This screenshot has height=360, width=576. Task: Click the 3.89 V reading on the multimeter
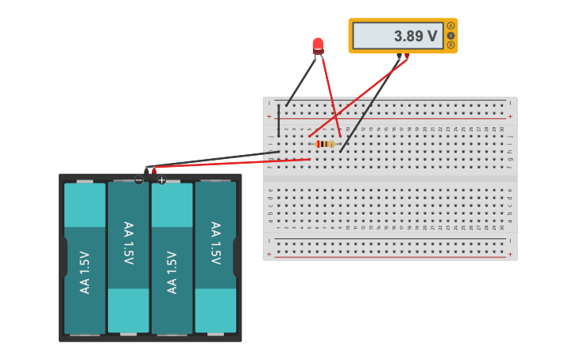416,36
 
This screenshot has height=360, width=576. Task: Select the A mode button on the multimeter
451,25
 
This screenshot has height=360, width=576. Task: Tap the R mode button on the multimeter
451,45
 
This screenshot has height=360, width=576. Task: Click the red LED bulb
318,45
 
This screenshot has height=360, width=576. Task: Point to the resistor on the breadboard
325,144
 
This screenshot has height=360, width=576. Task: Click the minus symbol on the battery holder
139,180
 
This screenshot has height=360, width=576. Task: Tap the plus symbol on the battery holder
161,180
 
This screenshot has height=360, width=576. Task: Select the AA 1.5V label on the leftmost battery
85,273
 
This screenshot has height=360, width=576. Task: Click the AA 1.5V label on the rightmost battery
215,243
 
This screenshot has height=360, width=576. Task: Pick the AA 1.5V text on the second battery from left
128,243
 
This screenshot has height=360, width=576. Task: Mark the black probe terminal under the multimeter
399,56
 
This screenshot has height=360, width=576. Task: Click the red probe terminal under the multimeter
407,56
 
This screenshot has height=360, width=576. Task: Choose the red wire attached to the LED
330,94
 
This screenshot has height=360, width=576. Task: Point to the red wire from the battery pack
230,164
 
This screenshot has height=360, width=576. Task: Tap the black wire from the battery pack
215,160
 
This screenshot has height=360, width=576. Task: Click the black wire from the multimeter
369,103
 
